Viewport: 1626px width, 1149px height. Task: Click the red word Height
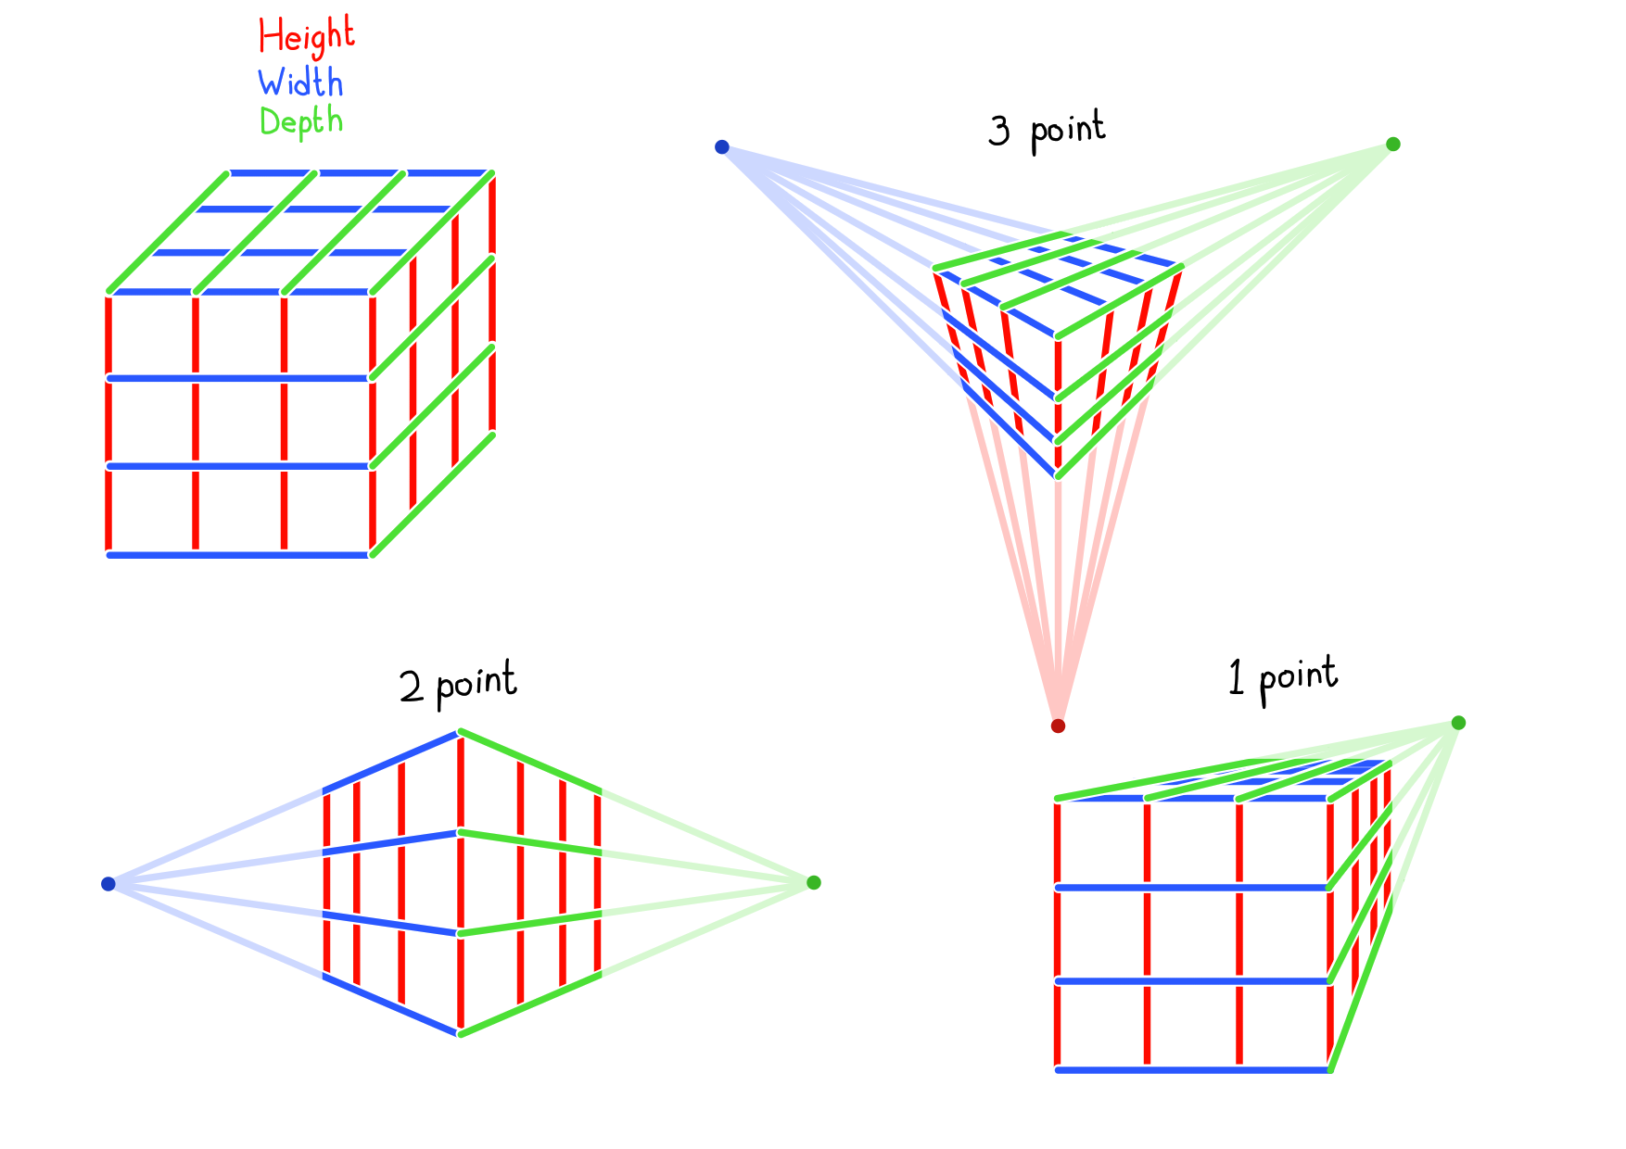pos(306,37)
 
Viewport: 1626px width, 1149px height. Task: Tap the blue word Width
pos(300,82)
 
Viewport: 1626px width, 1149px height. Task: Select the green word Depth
pos(301,122)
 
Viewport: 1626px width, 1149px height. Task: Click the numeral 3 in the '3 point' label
pos(999,131)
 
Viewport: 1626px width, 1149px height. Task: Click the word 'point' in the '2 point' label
pos(476,683)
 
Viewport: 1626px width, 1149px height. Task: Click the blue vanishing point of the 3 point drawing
pos(722,146)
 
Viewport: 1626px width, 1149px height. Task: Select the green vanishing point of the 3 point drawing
pos(1392,144)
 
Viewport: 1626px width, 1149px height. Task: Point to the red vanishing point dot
pos(1058,726)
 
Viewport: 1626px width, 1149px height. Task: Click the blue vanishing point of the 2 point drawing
pos(108,884)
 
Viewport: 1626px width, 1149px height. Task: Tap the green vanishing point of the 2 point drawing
pos(814,882)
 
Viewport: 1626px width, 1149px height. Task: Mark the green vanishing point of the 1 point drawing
pos(1458,723)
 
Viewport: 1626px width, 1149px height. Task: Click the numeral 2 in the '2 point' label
pos(412,688)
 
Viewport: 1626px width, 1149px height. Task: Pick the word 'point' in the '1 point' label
pos(1298,678)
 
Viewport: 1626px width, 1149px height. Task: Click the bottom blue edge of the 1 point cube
pos(1193,1070)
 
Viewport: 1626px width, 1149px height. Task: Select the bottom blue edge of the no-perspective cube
pos(239,555)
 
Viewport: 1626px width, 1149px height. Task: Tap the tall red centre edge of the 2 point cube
pos(460,883)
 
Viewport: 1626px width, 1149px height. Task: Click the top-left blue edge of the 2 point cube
pos(391,763)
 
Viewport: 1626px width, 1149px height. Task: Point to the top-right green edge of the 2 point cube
pos(530,762)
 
